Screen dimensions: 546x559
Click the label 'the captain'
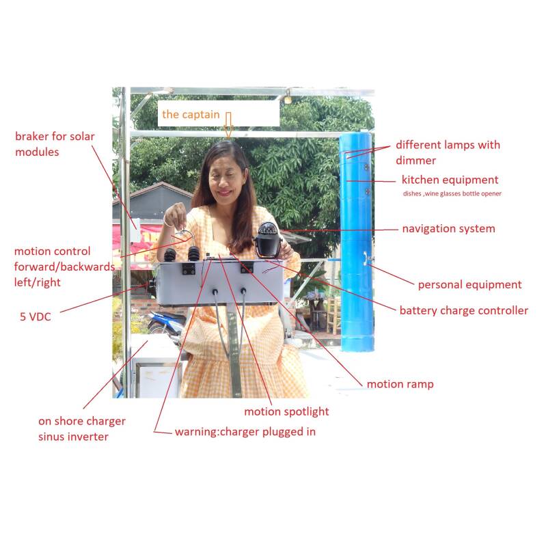click(191, 114)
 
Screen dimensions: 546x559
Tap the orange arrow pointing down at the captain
click(228, 125)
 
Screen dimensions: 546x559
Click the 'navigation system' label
click(448, 228)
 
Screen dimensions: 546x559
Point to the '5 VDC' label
click(36, 316)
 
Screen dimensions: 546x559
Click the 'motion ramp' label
click(400, 384)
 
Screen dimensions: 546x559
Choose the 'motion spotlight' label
click(286, 411)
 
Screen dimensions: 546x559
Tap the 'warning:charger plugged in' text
click(245, 432)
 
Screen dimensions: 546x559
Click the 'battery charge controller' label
click(464, 310)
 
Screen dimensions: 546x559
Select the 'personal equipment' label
click(469, 284)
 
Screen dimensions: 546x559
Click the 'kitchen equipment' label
click(450, 180)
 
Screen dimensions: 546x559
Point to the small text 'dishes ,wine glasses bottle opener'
click(452, 193)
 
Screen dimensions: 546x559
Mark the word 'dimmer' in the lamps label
click(415, 161)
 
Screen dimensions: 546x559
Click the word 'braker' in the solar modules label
click(31, 136)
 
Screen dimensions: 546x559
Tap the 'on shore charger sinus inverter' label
click(81, 429)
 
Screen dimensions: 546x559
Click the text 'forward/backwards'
click(64, 267)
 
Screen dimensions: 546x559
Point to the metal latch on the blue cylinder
click(366, 258)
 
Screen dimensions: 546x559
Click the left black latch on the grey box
click(189, 269)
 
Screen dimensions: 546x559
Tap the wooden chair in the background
click(333, 315)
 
